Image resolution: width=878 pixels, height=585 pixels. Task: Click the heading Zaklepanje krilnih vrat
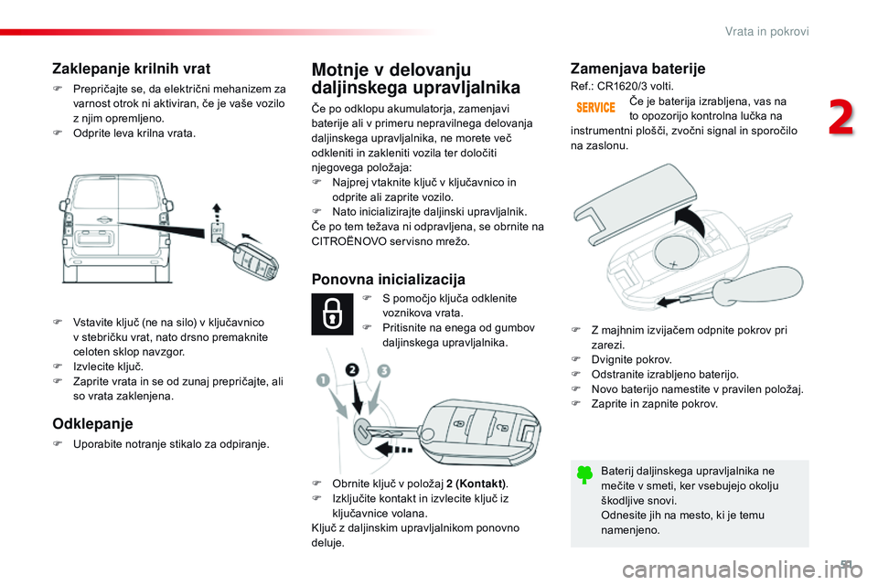tap(131, 69)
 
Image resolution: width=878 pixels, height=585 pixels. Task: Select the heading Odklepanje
tap(92, 423)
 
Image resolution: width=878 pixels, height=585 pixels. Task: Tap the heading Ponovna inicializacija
tap(389, 279)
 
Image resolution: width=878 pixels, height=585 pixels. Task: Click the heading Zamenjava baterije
tap(637, 69)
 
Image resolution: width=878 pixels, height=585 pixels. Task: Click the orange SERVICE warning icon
tap(594, 108)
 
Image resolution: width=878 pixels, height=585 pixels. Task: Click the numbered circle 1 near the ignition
tap(321, 379)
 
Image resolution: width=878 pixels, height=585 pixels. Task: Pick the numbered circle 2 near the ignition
tap(352, 371)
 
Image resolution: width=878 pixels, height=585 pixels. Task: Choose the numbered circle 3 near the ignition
tap(382, 371)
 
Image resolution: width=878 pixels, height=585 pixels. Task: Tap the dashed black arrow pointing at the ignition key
tap(388, 448)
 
